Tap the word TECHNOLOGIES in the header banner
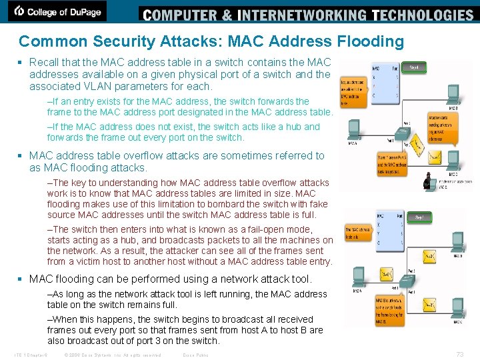(422, 15)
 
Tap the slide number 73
(459, 354)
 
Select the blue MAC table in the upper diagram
(385, 82)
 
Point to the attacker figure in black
(429, 181)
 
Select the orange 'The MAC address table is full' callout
(357, 233)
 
